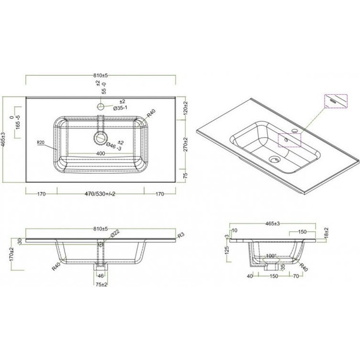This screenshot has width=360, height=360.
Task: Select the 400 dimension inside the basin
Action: (100, 153)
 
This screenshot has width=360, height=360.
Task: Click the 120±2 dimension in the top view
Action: (185, 108)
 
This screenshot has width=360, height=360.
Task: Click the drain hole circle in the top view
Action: (100, 137)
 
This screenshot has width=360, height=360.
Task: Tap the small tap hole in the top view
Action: (100, 107)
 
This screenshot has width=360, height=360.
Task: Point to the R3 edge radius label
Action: (181, 236)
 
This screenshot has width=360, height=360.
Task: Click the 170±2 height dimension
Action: (12, 255)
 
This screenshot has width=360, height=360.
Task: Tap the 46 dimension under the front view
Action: (100, 276)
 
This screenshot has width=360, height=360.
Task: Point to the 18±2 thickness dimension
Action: (325, 233)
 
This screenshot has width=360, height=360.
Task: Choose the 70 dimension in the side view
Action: (296, 276)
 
